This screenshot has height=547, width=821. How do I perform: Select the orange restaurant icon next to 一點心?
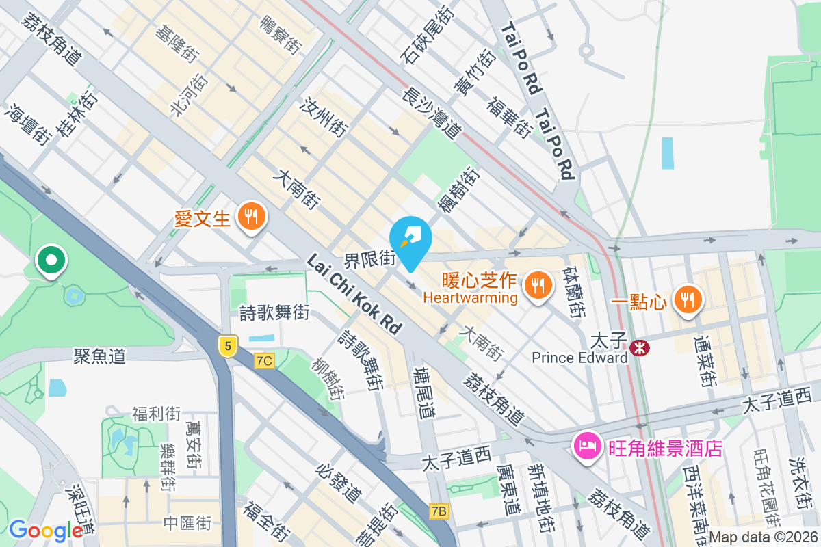coord(687,299)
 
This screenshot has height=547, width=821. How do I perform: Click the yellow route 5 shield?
coord(228,345)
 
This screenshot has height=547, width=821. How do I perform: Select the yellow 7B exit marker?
coord(439,511)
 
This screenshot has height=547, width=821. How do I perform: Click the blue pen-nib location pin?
coord(410,240)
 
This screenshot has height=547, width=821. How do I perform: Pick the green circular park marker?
coord(51,261)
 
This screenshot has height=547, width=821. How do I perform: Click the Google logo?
coord(46,530)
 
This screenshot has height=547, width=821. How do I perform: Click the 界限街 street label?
coord(370,259)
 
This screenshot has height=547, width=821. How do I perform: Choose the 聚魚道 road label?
coord(100,356)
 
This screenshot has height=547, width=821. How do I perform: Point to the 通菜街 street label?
coord(703,361)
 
